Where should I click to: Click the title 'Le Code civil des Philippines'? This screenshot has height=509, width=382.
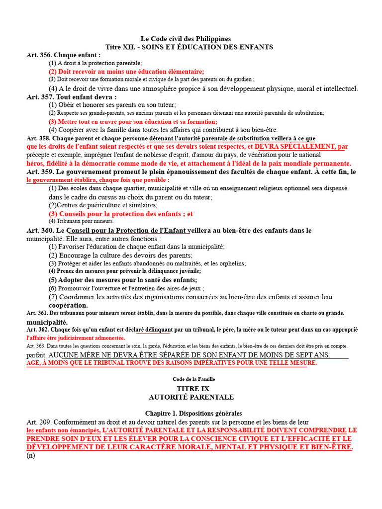(x=186, y=39)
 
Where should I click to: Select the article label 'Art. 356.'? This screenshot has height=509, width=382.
(x=39, y=55)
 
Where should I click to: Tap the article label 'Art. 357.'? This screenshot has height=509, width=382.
(x=39, y=97)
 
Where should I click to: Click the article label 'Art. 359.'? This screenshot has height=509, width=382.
(x=39, y=171)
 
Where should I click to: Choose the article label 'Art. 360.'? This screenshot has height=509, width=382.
(x=39, y=230)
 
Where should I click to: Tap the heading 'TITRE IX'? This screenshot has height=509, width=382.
(x=191, y=388)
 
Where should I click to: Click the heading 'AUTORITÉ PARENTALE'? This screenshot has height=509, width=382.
(x=191, y=397)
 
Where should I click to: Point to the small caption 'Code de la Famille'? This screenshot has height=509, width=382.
(x=191, y=379)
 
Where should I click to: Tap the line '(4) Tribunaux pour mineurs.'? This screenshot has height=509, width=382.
(x=81, y=221)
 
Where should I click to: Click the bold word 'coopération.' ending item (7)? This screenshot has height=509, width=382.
(x=68, y=305)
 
